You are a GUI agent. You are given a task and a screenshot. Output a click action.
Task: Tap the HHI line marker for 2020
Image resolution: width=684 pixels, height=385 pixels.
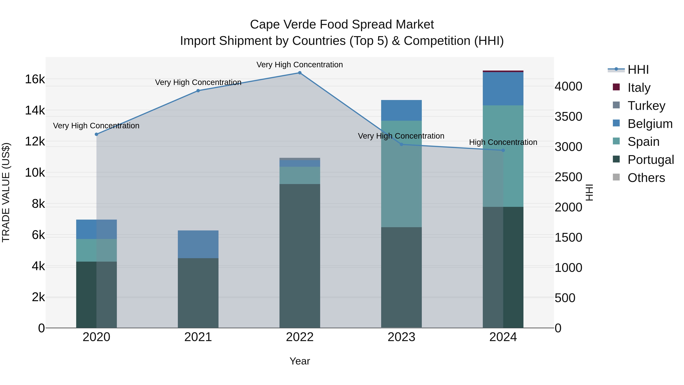(96, 134)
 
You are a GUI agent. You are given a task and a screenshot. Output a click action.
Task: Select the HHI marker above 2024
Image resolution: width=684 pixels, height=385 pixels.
(503, 150)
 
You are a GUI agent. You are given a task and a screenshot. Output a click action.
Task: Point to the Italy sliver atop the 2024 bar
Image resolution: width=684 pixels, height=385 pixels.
(503, 71)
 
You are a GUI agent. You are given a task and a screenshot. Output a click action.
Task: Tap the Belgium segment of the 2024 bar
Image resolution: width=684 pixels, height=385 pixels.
(503, 89)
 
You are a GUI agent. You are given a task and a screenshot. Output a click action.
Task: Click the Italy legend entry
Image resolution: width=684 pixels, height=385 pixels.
(639, 88)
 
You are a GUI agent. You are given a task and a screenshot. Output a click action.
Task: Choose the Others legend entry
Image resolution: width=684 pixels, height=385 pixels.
(646, 178)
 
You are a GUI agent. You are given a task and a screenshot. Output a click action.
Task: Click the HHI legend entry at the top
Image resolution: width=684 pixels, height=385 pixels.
(638, 70)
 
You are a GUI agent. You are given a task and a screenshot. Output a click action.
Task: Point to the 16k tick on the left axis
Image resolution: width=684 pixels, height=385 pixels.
(35, 79)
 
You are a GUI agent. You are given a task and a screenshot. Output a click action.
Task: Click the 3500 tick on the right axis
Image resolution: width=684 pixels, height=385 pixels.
(568, 117)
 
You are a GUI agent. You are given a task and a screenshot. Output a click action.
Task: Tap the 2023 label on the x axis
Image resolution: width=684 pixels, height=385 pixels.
(401, 337)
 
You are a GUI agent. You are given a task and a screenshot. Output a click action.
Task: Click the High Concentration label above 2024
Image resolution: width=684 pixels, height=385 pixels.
(503, 142)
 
